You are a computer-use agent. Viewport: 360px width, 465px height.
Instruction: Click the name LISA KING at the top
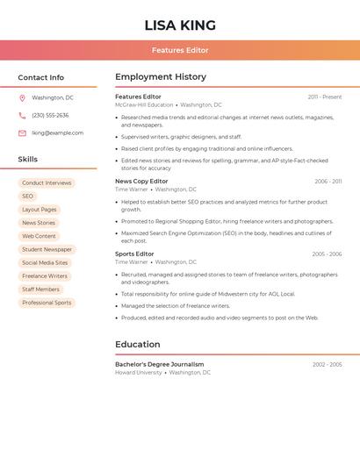180,25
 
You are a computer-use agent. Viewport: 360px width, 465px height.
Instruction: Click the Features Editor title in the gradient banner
180,50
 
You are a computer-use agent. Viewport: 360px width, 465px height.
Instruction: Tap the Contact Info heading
41,77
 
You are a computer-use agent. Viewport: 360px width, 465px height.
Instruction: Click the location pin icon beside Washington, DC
22,98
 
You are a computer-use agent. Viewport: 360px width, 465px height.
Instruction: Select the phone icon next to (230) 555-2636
22,116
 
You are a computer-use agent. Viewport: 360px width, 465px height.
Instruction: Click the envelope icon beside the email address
22,133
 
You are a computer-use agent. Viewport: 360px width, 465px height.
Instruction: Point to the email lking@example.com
58,133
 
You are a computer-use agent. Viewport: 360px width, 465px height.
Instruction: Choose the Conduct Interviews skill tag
47,183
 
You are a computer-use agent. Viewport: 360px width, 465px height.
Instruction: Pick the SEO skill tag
28,197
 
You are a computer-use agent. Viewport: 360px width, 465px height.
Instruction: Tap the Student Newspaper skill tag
47,250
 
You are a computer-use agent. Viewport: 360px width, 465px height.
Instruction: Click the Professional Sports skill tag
47,303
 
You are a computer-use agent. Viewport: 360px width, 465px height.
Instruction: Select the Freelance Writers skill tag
45,276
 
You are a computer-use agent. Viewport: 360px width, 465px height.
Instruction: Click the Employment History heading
161,77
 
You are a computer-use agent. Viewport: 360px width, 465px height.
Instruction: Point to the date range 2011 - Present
325,97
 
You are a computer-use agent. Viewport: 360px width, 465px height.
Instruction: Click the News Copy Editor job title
141,182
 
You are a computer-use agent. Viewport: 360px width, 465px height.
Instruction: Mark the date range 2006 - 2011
328,182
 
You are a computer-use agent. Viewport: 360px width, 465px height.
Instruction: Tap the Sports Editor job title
134,254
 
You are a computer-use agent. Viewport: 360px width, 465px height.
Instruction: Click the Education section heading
138,345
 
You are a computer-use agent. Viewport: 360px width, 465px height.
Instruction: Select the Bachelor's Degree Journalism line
159,364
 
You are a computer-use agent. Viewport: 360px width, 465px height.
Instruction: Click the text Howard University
139,373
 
